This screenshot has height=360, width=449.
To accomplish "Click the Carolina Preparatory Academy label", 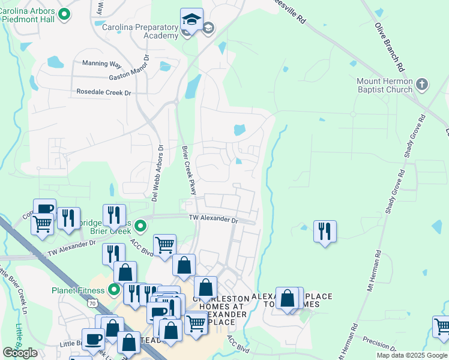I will point(140,31).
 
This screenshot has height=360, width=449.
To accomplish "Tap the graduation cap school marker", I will point(191,20).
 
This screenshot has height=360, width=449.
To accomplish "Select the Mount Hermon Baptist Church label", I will point(384,85).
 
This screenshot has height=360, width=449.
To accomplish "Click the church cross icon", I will point(421,84).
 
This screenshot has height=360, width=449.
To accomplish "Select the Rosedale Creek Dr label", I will point(103,92).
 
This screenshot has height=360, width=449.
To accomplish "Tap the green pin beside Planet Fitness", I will point(114,290).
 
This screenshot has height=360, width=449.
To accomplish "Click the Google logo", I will point(20,353).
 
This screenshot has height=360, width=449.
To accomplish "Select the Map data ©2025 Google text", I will point(412,355).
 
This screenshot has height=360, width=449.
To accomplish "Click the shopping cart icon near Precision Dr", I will point(442,327).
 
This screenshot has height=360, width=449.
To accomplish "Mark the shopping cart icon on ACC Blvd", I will point(164,245).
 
